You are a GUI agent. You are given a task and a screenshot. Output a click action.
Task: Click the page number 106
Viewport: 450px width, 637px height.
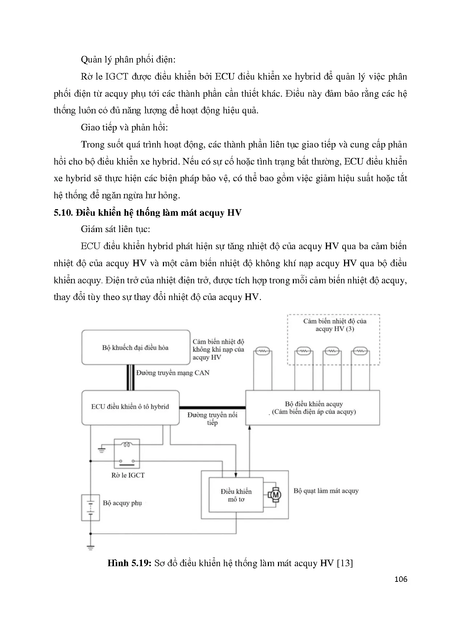(x=401, y=579)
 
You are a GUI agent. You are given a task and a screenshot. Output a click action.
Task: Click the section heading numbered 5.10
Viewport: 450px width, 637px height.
(x=147, y=212)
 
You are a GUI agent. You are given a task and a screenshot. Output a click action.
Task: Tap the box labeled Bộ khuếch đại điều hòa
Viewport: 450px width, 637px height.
(x=136, y=347)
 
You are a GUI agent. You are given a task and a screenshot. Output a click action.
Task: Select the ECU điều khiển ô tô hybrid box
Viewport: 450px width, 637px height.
(x=130, y=407)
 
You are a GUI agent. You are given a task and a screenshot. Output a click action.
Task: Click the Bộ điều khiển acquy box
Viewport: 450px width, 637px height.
(x=313, y=408)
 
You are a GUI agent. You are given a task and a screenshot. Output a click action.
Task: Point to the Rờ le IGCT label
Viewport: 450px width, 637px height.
(x=128, y=475)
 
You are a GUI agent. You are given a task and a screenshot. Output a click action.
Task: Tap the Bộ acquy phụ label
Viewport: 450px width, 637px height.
(x=122, y=503)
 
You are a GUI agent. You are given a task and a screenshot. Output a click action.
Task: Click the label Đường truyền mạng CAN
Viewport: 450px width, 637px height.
(x=173, y=373)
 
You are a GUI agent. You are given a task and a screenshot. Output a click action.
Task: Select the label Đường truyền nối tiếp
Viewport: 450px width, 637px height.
(x=212, y=419)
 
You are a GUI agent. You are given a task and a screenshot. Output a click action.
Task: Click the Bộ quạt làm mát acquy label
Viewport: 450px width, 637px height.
(x=326, y=491)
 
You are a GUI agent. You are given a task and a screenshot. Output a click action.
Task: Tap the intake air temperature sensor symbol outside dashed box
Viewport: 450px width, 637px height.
(x=262, y=351)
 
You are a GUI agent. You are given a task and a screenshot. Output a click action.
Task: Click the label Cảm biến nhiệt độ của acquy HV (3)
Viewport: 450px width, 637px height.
(x=335, y=325)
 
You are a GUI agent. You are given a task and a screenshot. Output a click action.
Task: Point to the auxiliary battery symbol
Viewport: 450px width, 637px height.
(x=91, y=508)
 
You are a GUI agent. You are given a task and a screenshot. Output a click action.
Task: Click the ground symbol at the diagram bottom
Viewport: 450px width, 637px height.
(x=91, y=548)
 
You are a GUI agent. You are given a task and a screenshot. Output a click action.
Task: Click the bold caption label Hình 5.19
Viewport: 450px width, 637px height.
(x=129, y=563)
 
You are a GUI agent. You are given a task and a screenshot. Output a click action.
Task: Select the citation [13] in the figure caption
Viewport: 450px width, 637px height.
(x=345, y=563)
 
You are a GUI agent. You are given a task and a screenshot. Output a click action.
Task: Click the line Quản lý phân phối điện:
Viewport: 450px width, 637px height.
(x=128, y=60)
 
